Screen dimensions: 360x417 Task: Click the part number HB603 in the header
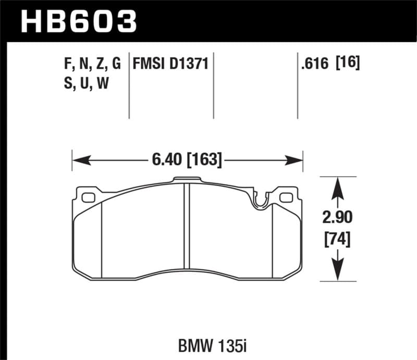coord(79,20)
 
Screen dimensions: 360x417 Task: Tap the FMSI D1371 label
coord(170,65)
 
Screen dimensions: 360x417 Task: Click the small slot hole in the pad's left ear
coord(88,197)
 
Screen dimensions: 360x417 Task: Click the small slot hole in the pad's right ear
coord(286,197)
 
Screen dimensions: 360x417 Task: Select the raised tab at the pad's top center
coord(187,180)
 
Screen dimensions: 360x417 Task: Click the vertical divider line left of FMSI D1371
coord(129,86)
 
